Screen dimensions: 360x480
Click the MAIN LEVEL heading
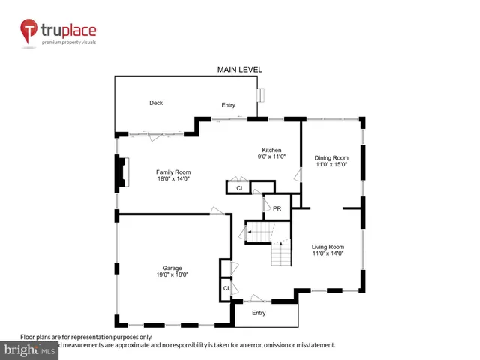[x=239, y=70]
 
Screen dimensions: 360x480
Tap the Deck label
[x=156, y=103]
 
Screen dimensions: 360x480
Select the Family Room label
[x=172, y=172]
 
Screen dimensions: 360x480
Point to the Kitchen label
[x=271, y=150]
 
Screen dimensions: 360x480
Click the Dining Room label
[x=331, y=157]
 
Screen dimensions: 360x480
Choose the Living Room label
[x=328, y=247]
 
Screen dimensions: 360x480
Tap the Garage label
[x=172, y=268]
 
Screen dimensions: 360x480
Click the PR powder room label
[x=277, y=208]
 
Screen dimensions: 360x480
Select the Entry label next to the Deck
[x=228, y=105]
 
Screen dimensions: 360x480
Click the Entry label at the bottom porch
[x=259, y=313]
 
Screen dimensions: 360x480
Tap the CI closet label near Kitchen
[x=238, y=188]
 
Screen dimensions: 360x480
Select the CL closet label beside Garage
[x=226, y=288]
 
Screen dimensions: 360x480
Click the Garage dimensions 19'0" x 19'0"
[x=172, y=275]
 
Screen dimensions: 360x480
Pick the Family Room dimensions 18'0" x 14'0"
[x=172, y=179]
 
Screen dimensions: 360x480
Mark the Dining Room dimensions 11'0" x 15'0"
[x=331, y=165]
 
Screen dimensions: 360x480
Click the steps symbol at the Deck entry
[x=261, y=95]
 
